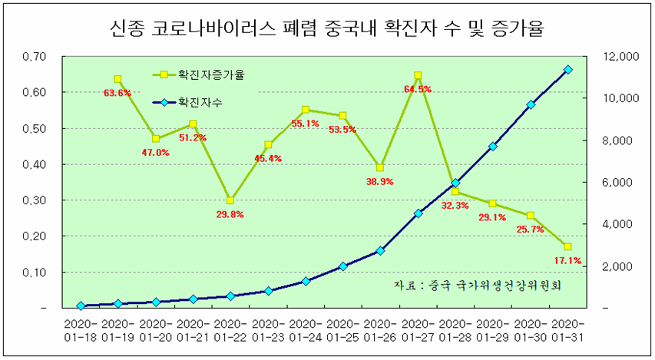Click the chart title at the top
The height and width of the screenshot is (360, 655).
pos(328,29)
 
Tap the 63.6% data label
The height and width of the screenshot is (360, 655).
pos(117,93)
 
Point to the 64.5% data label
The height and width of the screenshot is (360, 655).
pos(418,89)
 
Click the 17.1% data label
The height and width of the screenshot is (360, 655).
pos(567,261)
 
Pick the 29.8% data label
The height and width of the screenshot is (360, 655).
pos(230,215)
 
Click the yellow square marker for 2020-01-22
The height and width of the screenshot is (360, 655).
pos(230,200)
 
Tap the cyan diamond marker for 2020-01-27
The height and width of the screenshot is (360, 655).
pos(418,213)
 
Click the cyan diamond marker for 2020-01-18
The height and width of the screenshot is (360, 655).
pos(81,306)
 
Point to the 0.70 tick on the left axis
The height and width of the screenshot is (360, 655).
pos(35,56)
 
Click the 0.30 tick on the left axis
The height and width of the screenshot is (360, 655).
pos(35,200)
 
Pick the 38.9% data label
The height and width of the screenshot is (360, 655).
pos(380,181)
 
